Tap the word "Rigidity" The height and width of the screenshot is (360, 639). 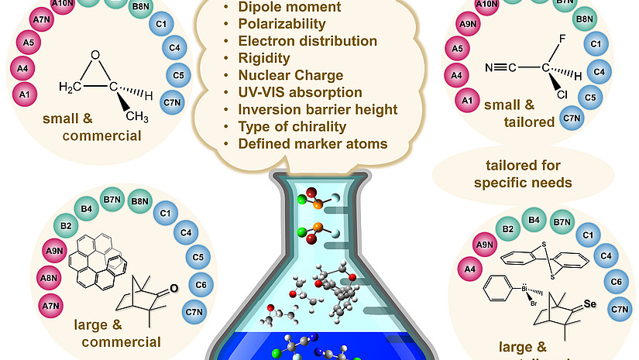(x=263, y=58)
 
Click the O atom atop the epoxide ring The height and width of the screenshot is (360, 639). (x=95, y=55)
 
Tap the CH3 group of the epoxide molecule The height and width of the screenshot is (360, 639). (x=139, y=117)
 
